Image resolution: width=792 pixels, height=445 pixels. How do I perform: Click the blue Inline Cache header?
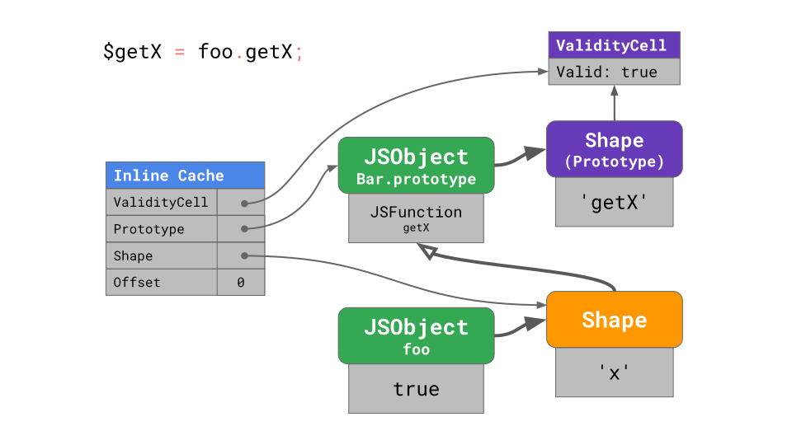tap(185, 176)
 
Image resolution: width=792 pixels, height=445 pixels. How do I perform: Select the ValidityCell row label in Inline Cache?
tap(161, 202)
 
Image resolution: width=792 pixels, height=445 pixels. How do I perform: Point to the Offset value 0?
tap(240, 283)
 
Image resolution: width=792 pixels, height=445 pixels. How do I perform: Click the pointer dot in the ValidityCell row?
tap(244, 202)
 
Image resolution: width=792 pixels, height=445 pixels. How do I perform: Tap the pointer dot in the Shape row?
tap(244, 255)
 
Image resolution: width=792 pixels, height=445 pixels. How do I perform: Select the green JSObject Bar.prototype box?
tap(416, 165)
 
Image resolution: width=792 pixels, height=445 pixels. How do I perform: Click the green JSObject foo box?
tap(416, 335)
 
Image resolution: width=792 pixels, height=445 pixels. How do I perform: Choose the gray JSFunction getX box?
tap(416, 218)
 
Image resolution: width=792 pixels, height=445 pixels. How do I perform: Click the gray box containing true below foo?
tap(416, 388)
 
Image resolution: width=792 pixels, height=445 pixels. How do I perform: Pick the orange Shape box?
tap(614, 319)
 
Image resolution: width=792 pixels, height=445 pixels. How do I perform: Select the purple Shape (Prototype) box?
tap(614, 149)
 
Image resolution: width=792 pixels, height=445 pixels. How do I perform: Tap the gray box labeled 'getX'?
tap(614, 202)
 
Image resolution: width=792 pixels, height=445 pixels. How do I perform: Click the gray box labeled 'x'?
tap(614, 372)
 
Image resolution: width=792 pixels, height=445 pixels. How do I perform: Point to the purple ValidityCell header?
tap(614, 45)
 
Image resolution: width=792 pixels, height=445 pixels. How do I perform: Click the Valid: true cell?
tap(614, 72)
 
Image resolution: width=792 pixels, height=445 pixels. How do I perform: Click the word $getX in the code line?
tap(133, 52)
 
